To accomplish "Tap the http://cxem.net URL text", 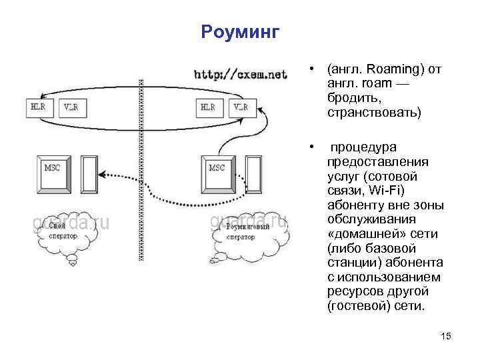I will [240, 74].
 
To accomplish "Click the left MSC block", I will [52, 173].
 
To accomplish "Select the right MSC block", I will [217, 173].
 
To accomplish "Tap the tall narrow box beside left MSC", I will [89, 174].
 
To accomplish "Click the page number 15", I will [446, 337].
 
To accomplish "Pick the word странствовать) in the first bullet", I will [374, 113].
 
